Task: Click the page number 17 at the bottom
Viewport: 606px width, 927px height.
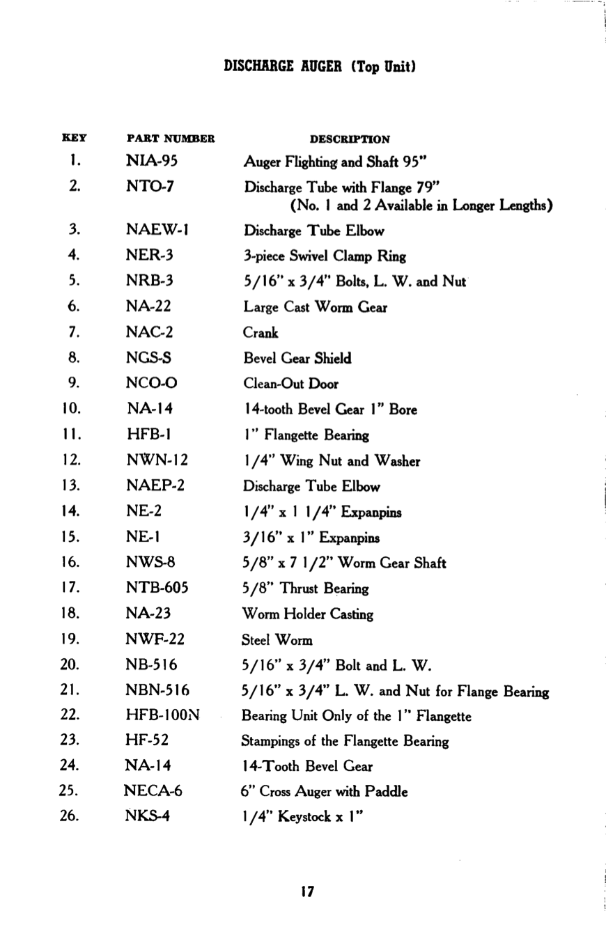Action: pos(308,891)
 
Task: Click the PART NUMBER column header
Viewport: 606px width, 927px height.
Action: pos(171,139)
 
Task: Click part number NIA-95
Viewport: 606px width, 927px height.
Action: pos(152,162)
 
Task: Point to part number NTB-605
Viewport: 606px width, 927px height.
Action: pos(157,589)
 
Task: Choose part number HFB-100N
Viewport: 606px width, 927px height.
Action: pos(162,716)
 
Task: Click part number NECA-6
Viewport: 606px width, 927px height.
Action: pos(153,791)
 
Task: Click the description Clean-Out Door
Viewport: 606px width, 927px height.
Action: pos(290,384)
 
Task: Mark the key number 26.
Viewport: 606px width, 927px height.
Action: pos(70,816)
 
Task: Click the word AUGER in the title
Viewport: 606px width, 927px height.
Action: pos(319,68)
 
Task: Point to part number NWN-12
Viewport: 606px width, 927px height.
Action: pos(157,460)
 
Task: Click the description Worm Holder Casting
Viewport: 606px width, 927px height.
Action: pos(307,614)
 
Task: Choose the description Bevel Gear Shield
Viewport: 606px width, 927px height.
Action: pos(297,359)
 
